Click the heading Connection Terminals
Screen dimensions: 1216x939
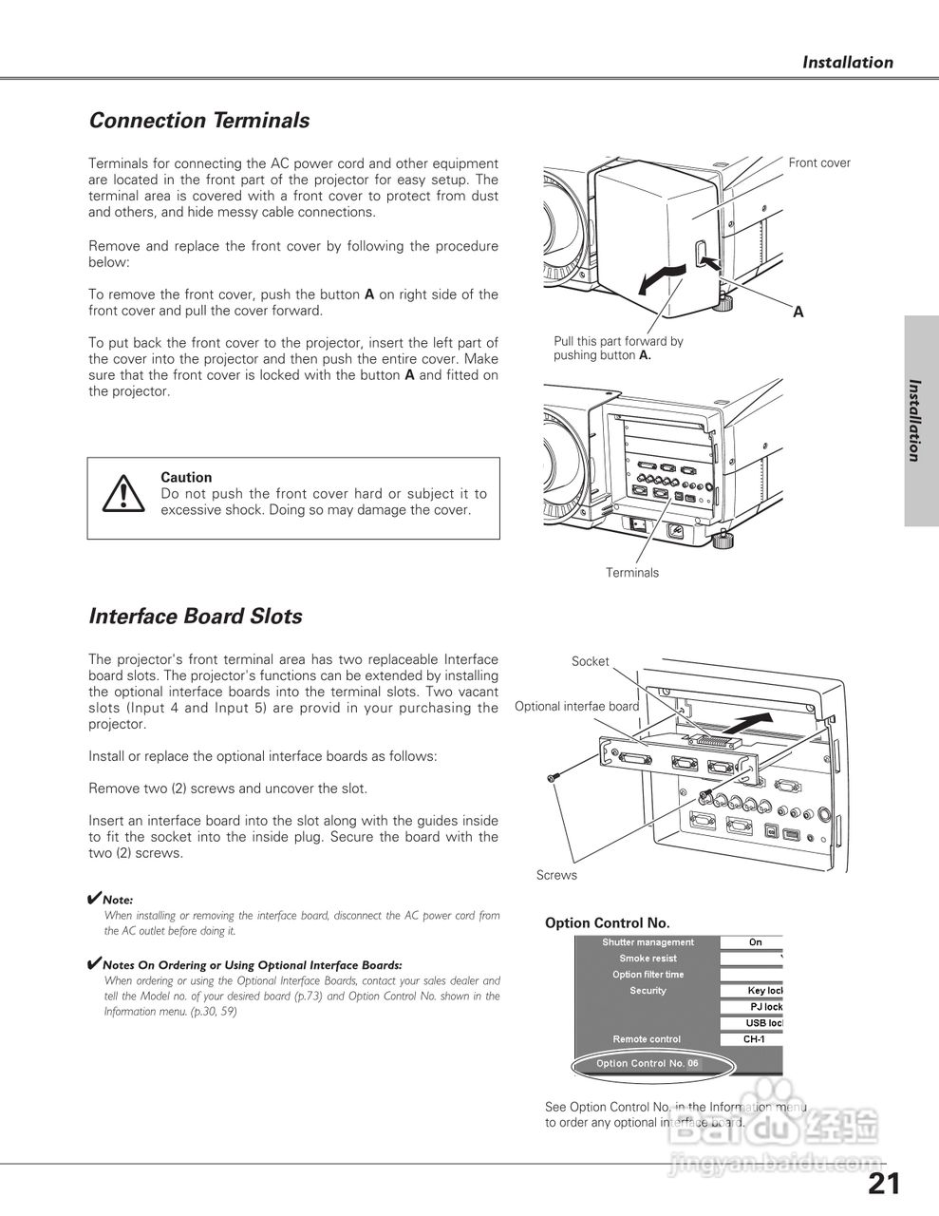click(199, 121)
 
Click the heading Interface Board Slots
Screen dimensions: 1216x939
click(196, 617)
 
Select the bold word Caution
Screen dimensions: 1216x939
click(186, 477)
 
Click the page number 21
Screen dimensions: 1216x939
click(883, 1183)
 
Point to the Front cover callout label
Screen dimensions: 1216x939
click(819, 162)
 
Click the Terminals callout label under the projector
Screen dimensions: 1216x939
click(632, 573)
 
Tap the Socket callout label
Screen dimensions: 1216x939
click(590, 661)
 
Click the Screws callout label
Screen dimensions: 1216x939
click(556, 875)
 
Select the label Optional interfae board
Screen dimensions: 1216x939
click(576, 706)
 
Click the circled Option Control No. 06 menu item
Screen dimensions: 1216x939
click(648, 1063)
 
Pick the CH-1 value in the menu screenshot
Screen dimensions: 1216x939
click(754, 1039)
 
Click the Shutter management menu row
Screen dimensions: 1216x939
click(648, 942)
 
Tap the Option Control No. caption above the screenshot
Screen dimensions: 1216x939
click(608, 922)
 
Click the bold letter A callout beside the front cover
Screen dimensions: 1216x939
click(798, 312)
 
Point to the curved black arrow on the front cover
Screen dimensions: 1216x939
click(660, 277)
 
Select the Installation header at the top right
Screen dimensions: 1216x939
click(848, 63)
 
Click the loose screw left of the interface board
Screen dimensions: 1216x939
click(552, 778)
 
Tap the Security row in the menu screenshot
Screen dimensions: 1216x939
click(648, 991)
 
